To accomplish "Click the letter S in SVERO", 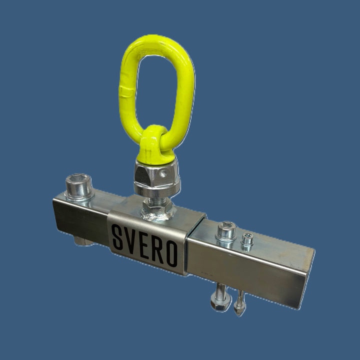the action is [x=117, y=237].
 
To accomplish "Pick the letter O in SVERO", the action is [x=172, y=253].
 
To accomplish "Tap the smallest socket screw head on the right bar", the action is [x=247, y=239].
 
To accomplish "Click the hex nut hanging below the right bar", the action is [x=220, y=302].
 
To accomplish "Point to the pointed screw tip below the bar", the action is [x=239, y=312].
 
